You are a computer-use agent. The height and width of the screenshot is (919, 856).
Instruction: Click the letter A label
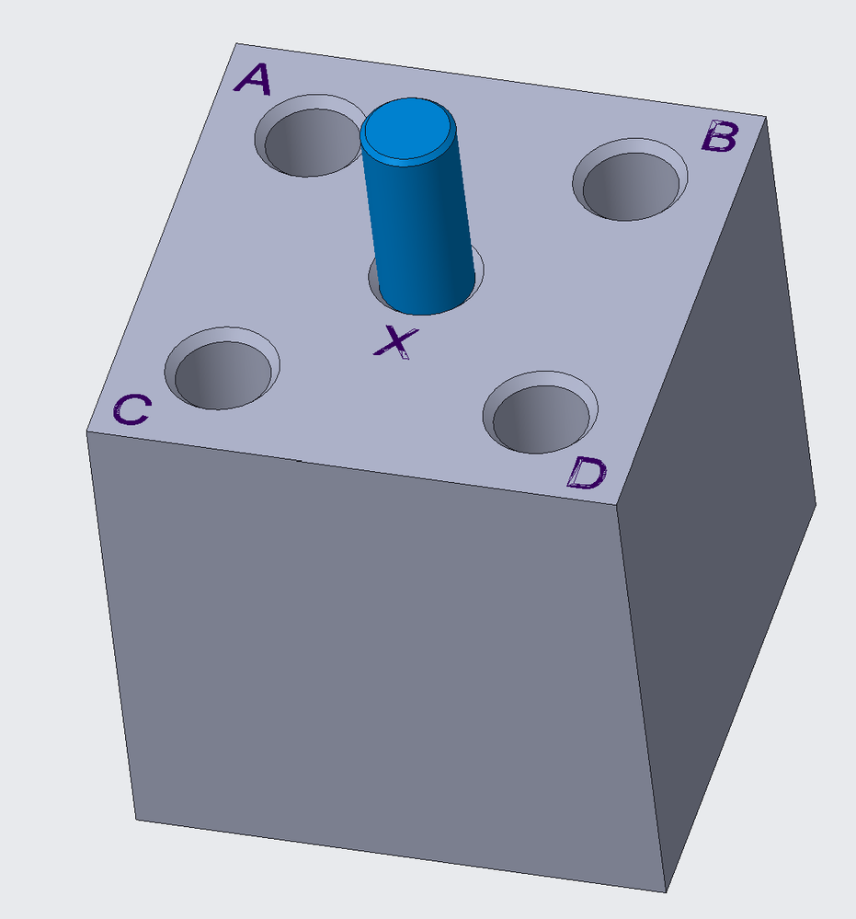pyautogui.click(x=253, y=80)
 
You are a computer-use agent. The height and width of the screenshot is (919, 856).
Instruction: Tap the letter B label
pyautogui.click(x=719, y=138)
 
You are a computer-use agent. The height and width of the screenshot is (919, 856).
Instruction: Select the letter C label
pyautogui.click(x=131, y=409)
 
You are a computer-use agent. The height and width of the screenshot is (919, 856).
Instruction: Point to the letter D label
pyautogui.click(x=586, y=474)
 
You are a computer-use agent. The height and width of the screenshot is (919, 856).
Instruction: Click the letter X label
pyautogui.click(x=395, y=342)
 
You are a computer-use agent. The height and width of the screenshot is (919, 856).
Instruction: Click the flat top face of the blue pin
pyautogui.click(x=408, y=128)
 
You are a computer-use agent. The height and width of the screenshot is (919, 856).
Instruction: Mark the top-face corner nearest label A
pyautogui.click(x=236, y=43)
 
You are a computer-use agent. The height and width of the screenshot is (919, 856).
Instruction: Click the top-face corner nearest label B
pyautogui.click(x=765, y=117)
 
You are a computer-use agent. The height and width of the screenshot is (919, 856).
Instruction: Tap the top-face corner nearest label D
pyautogui.click(x=617, y=505)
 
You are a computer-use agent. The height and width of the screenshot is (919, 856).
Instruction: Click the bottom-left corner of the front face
pyautogui.click(x=138, y=820)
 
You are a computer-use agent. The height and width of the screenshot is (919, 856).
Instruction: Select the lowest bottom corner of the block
pyautogui.click(x=666, y=891)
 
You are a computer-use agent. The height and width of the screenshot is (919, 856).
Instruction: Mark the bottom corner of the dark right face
pyautogui.click(x=816, y=504)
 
